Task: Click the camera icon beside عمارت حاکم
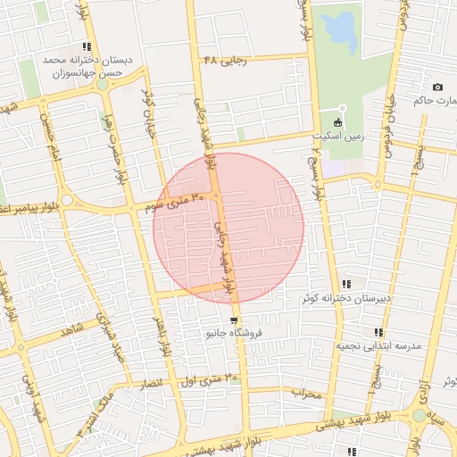[x=437, y=87]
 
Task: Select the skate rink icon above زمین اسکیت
[x=337, y=122]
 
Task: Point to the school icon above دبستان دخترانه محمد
[x=87, y=47]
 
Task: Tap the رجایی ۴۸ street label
[x=222, y=60]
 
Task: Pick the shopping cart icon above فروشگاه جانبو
[x=234, y=320]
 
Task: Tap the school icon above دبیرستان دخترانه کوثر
[x=347, y=283]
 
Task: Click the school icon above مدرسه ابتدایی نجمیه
[x=378, y=332]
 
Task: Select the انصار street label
[x=151, y=382]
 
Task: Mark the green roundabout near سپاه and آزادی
[x=419, y=415]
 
